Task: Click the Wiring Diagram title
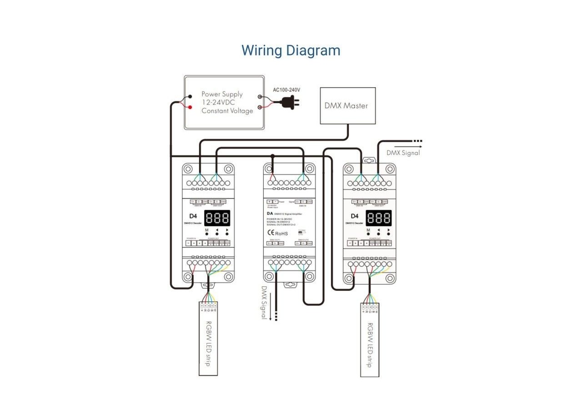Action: pyautogui.click(x=291, y=50)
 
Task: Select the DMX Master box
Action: pyautogui.click(x=348, y=105)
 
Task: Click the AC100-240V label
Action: pyautogui.click(x=286, y=90)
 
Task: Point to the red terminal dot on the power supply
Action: pyautogui.click(x=190, y=107)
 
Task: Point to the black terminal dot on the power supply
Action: pyautogui.click(x=190, y=97)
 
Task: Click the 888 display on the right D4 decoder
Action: pyautogui.click(x=378, y=218)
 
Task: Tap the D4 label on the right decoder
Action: pyautogui.click(x=354, y=216)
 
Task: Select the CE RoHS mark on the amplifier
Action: pyautogui.click(x=277, y=233)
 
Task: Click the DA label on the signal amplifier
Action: pyautogui.click(x=270, y=213)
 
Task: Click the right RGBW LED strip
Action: pyautogui.click(x=370, y=341)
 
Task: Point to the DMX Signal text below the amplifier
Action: pyautogui.click(x=264, y=302)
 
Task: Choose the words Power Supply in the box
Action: pyautogui.click(x=222, y=95)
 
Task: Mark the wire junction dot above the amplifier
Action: pyautogui.click(x=272, y=156)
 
